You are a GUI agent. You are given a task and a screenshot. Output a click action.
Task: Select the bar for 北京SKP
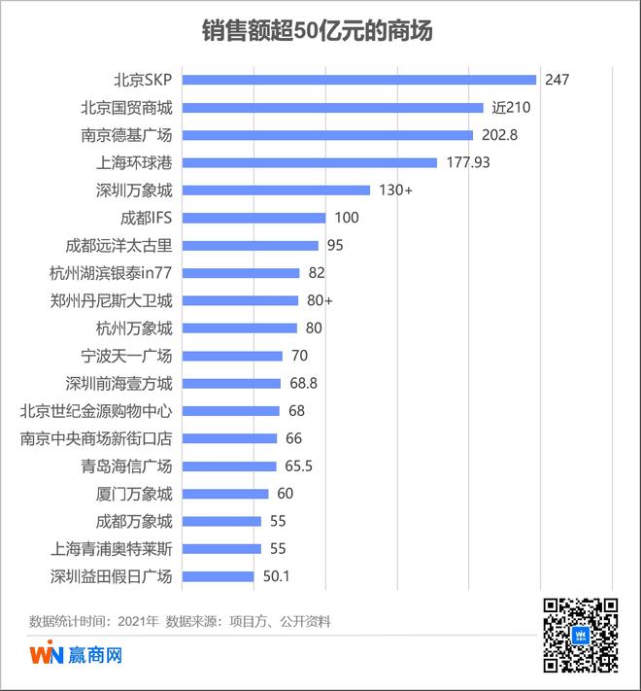click(359, 80)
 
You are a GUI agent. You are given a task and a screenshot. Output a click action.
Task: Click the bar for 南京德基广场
click(327, 135)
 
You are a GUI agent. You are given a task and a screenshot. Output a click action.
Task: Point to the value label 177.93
click(468, 162)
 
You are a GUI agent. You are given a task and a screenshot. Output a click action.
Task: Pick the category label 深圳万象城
click(134, 190)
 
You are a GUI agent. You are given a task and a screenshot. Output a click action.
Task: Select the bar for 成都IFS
click(253, 218)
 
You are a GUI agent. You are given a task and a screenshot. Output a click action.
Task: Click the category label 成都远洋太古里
click(118, 246)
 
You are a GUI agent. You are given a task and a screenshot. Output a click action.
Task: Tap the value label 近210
click(510, 107)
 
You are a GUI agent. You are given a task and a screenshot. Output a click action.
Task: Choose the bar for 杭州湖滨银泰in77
click(241, 273)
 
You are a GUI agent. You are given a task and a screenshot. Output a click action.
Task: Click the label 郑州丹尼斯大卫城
click(111, 300)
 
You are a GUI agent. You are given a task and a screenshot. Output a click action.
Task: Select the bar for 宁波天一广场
click(232, 356)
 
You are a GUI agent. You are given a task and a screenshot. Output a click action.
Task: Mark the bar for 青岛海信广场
click(229, 466)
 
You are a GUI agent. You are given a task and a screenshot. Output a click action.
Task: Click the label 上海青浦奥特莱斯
click(111, 549)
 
